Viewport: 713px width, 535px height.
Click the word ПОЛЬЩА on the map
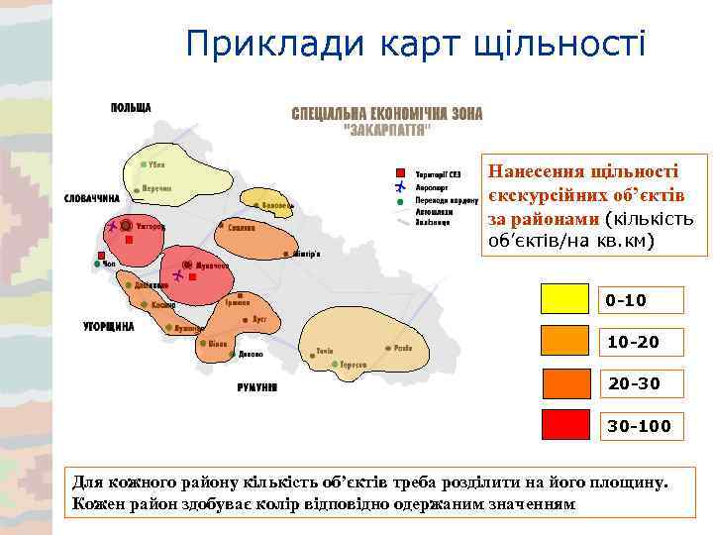click(131, 108)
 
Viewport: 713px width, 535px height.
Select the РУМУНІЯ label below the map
click(257, 386)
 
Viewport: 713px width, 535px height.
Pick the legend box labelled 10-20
click(567, 342)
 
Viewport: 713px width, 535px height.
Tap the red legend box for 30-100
click(567, 425)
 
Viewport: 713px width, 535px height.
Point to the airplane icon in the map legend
click(400, 186)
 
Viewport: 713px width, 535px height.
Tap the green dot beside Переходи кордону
click(400, 199)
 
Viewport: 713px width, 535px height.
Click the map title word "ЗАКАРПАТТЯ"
click(386, 130)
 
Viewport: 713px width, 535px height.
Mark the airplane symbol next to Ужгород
click(112, 227)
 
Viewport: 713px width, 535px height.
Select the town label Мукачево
click(212, 267)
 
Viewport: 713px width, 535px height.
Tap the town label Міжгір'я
click(305, 254)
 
